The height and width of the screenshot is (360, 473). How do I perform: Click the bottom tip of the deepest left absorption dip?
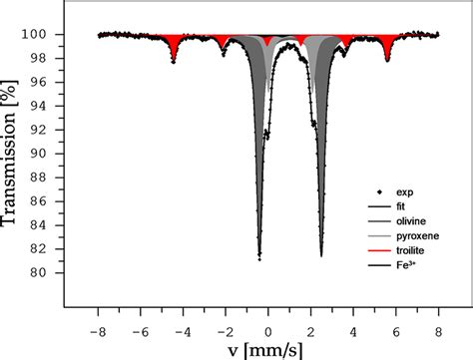[x=259, y=259]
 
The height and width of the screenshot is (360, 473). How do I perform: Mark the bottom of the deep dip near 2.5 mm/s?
[x=321, y=256]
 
